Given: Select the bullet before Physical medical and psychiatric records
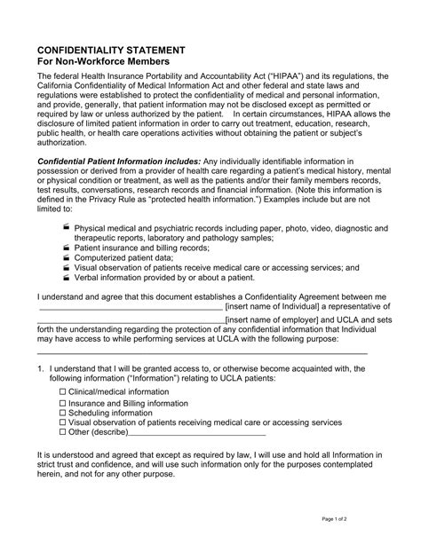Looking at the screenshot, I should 68,228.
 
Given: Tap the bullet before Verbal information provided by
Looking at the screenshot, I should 68,276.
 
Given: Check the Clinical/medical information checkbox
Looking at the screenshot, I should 62,391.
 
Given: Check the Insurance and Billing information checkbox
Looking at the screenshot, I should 62,403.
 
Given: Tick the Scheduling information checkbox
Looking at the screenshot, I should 62,413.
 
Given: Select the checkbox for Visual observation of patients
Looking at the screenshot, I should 62,423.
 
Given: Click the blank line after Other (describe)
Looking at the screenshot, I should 196,434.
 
